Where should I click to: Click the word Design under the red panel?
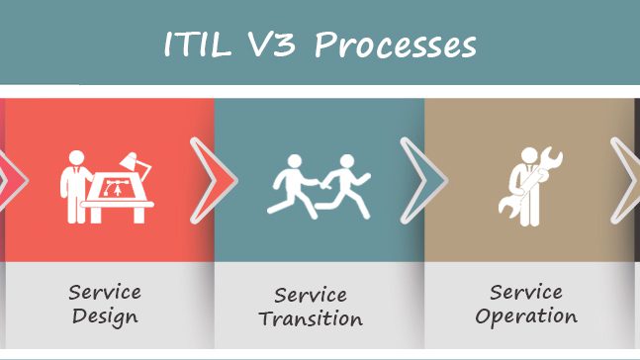(x=104, y=317)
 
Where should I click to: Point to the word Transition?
(x=310, y=319)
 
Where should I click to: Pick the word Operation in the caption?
(x=525, y=316)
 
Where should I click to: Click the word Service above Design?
(x=105, y=293)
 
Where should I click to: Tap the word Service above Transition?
(x=310, y=295)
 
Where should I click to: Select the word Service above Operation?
(x=525, y=292)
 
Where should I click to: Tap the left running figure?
(x=296, y=188)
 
